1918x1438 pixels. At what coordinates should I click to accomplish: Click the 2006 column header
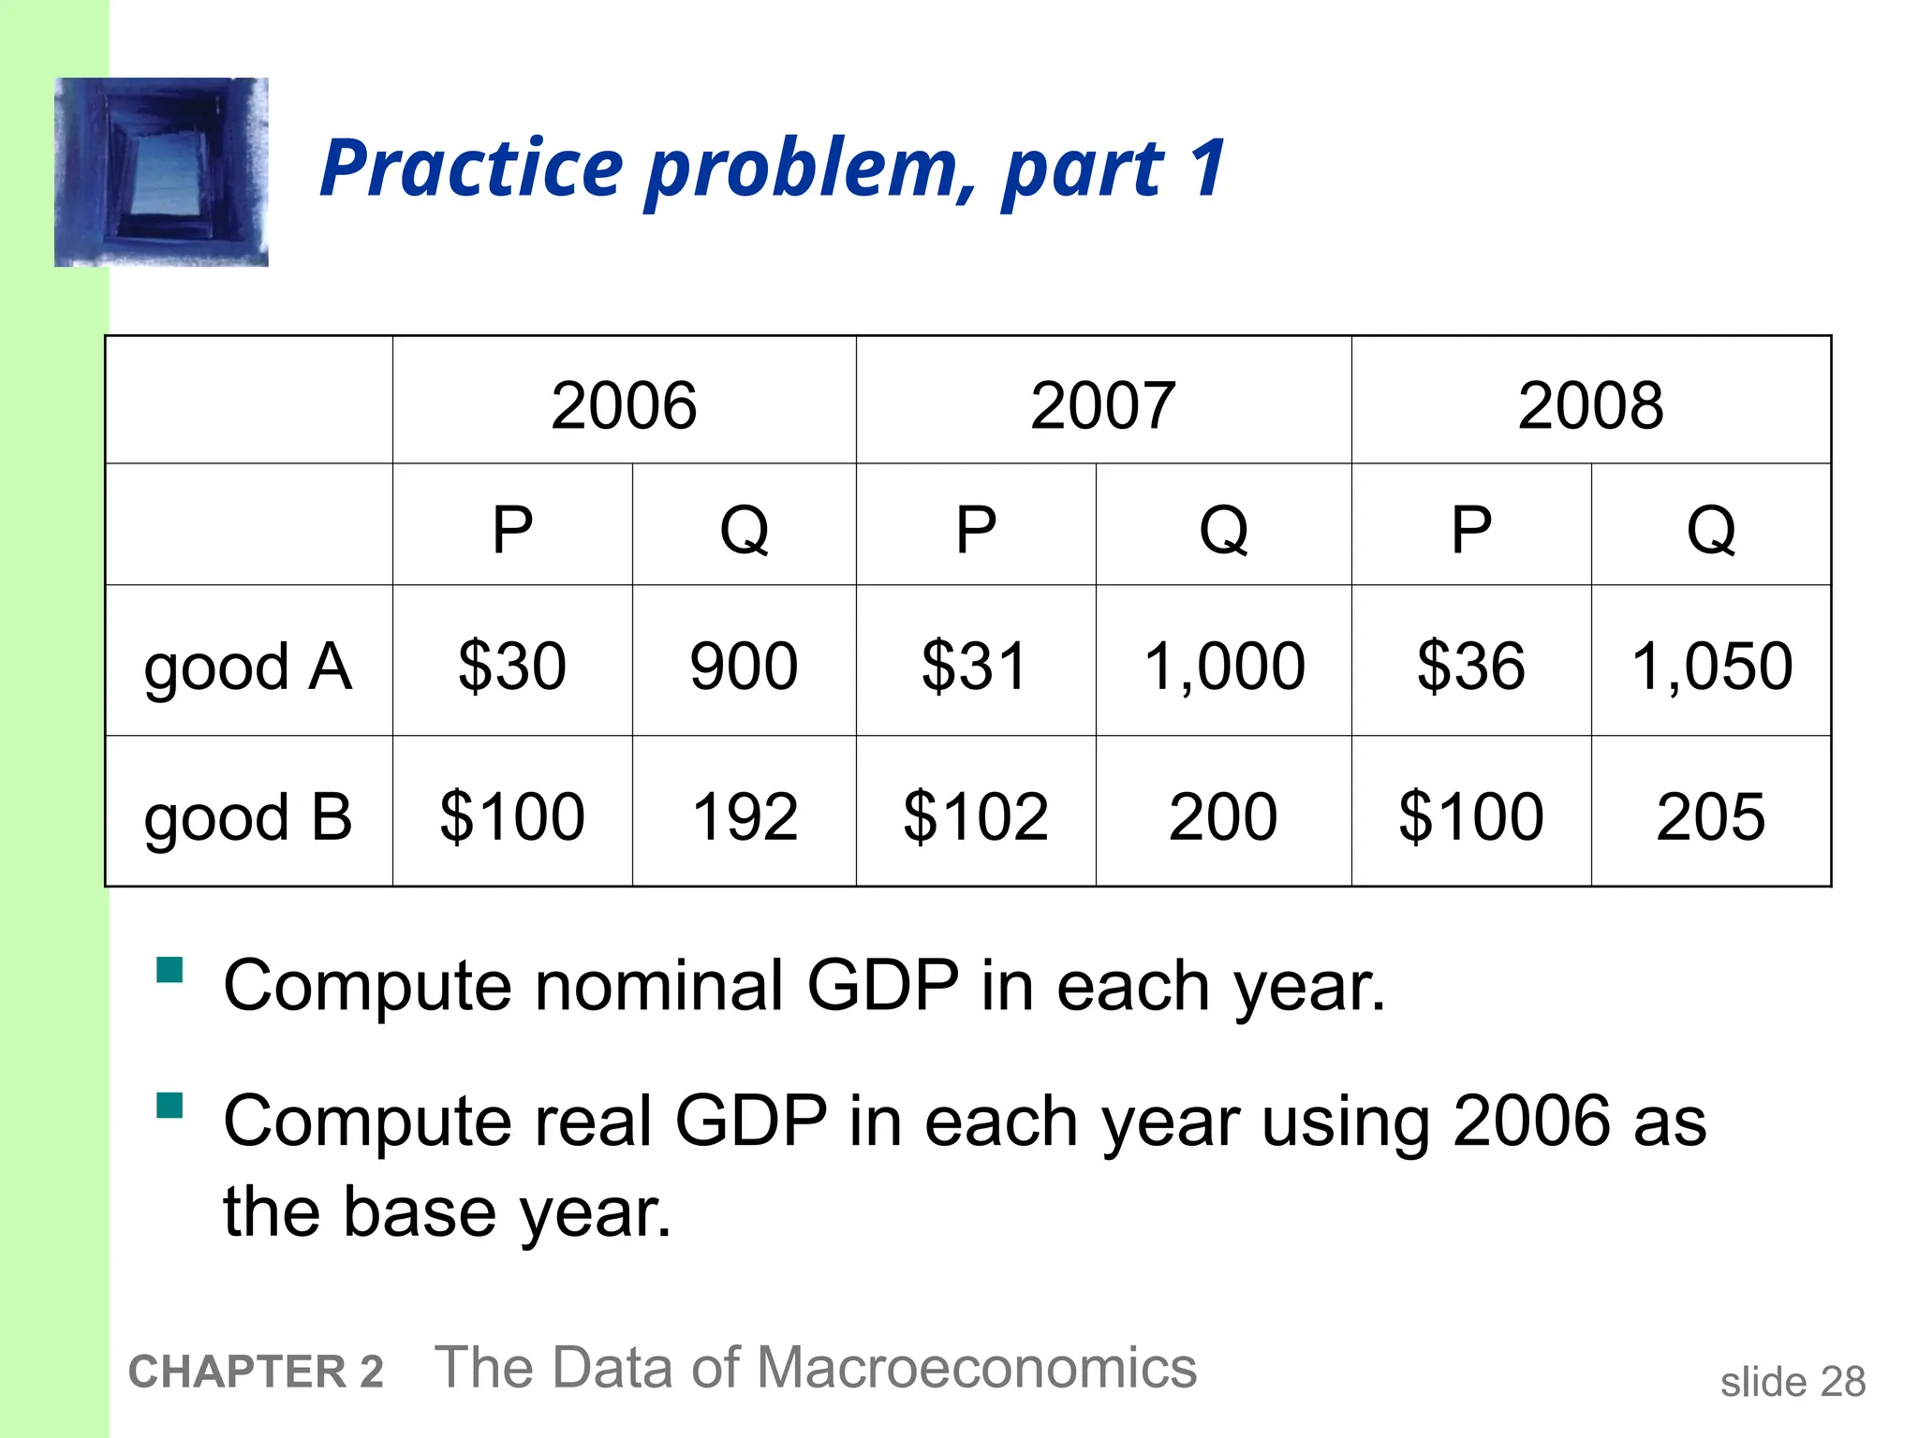pos(624,405)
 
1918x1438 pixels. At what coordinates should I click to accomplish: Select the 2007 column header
pos(1103,405)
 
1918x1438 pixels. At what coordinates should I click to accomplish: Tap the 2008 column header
pos(1590,405)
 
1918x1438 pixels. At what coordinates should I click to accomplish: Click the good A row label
pos(248,668)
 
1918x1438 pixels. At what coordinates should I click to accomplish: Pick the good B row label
pos(248,817)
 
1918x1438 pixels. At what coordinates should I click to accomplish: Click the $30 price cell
pos(512,666)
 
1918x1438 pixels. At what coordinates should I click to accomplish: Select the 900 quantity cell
pos(744,666)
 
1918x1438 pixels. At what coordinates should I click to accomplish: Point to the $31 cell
pos(975,666)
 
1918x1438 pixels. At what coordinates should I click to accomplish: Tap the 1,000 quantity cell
pos(1224,666)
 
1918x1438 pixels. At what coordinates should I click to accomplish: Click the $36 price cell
pos(1470,666)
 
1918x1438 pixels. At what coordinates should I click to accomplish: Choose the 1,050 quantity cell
pos(1711,666)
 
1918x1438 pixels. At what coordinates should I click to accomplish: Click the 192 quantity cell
pos(744,816)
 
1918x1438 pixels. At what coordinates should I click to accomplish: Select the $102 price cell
pos(975,816)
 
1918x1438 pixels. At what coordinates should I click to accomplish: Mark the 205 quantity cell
pos(1711,816)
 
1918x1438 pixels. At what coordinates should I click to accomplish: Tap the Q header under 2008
pos(1711,529)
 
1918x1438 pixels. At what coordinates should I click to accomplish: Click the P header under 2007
pos(975,529)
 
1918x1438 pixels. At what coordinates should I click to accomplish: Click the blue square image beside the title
pos(161,172)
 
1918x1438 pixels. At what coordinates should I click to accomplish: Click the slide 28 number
pos(1793,1382)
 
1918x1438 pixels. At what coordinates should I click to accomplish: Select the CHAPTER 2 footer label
pos(256,1372)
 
